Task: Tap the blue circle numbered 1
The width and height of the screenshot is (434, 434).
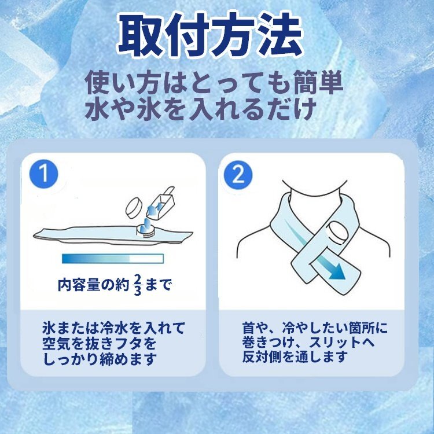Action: tap(44, 174)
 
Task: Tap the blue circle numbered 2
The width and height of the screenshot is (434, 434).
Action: tap(238, 175)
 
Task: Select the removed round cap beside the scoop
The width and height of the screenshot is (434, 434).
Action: tap(134, 208)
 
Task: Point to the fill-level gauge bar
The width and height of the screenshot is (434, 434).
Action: tap(113, 259)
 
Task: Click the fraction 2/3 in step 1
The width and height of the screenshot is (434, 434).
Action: tap(137, 285)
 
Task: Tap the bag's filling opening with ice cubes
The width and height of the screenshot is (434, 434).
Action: tap(146, 228)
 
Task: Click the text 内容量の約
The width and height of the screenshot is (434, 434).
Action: tap(94, 285)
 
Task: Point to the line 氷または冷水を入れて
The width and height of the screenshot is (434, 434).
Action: tap(114, 328)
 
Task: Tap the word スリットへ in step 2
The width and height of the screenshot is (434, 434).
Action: tap(342, 343)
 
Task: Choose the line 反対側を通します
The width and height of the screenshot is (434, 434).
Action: tap(295, 356)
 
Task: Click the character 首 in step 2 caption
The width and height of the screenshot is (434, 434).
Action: tap(249, 328)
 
